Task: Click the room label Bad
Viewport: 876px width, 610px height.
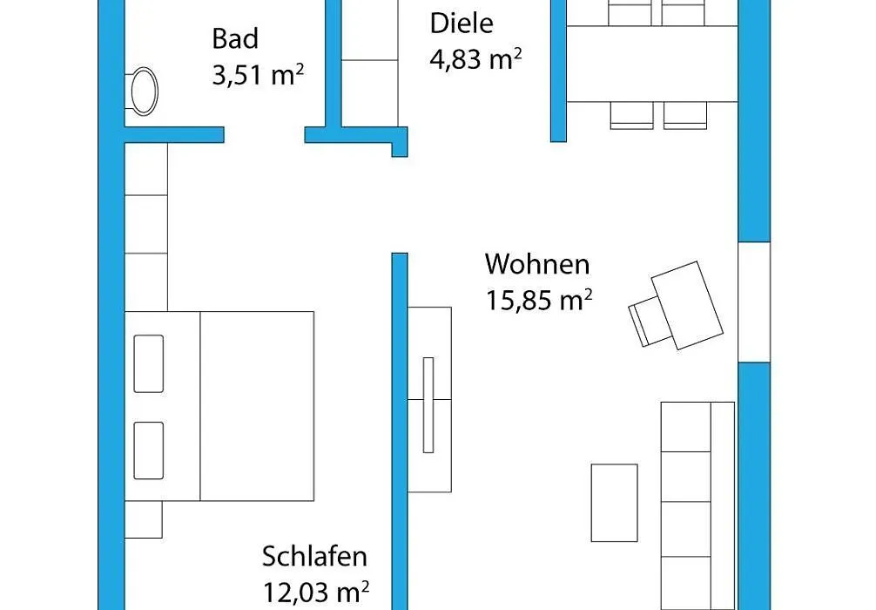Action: (x=235, y=38)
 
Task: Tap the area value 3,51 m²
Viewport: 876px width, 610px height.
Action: (x=258, y=74)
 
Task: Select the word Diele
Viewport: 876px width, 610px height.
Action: (x=462, y=24)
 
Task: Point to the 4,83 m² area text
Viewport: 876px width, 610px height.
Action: (x=475, y=58)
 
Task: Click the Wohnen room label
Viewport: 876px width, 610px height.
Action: (x=537, y=264)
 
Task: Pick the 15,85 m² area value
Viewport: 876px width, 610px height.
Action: (x=538, y=301)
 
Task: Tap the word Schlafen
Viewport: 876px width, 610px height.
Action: (x=314, y=556)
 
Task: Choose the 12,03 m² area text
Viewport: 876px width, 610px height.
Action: (x=315, y=592)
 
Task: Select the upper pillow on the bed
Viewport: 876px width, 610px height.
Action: (x=149, y=363)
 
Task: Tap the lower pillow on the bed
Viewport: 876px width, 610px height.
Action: (x=149, y=451)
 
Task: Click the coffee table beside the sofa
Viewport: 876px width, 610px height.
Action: (x=614, y=503)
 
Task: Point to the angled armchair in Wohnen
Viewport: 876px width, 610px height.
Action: (x=677, y=307)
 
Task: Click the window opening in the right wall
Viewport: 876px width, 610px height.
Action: (x=754, y=302)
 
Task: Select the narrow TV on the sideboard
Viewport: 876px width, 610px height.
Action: (x=428, y=405)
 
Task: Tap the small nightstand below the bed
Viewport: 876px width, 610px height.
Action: (x=144, y=519)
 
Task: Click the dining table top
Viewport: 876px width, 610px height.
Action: (x=652, y=64)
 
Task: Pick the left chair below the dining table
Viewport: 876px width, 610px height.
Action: (x=632, y=116)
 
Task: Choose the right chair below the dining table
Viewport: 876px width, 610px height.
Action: (x=685, y=116)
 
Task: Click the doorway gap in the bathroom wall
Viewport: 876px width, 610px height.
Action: (x=264, y=135)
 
